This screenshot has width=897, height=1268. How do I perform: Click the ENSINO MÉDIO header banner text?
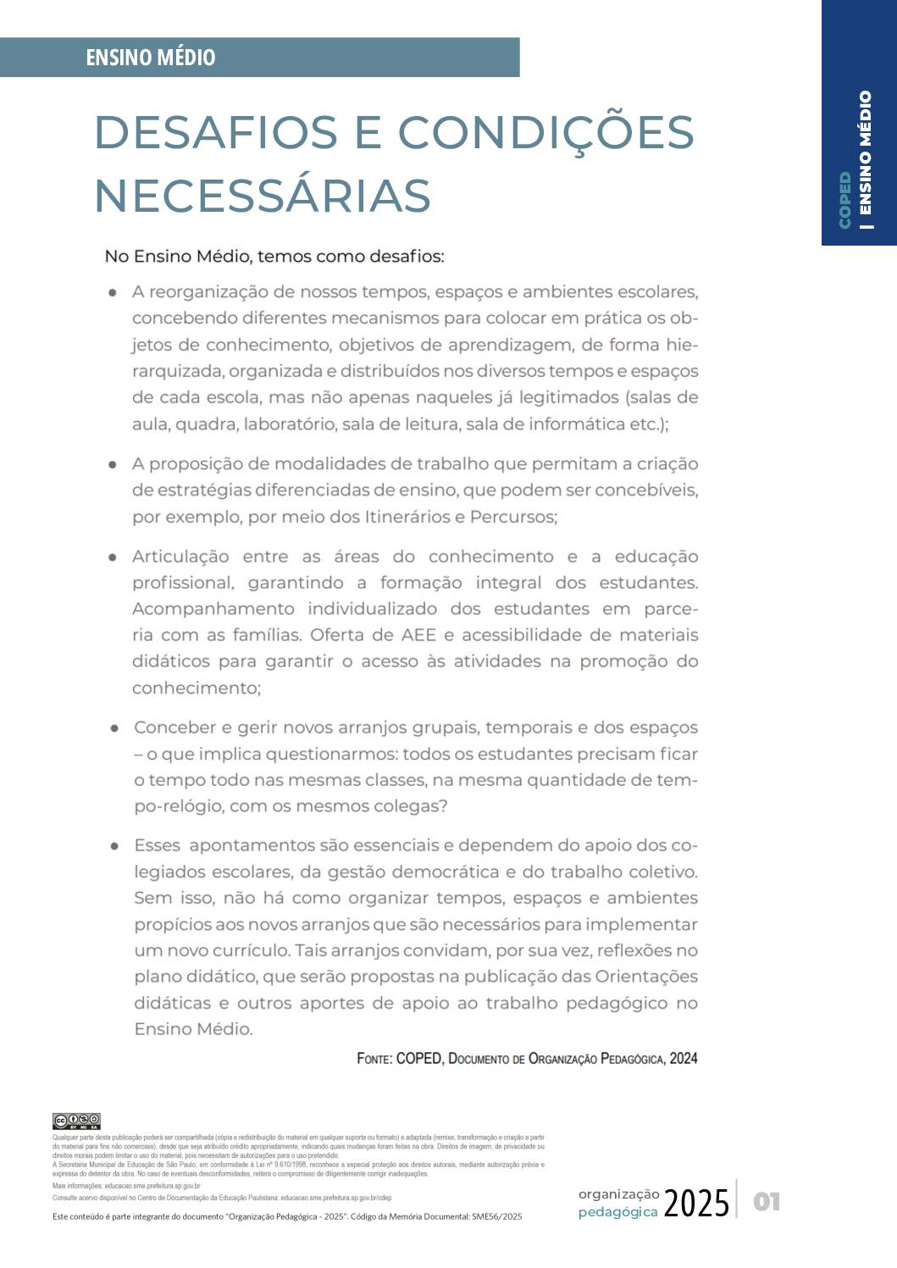(151, 58)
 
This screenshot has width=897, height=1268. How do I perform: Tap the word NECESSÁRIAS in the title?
(263, 196)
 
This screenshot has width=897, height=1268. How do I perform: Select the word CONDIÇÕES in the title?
(545, 132)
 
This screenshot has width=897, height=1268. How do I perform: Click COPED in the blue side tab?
(844, 200)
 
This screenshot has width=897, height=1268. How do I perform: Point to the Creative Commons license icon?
(76, 1121)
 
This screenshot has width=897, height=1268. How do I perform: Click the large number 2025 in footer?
(696, 1203)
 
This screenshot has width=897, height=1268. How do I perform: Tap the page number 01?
(767, 1201)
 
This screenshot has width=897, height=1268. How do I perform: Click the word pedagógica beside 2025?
(618, 1212)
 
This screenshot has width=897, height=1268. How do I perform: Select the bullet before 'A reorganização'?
(113, 292)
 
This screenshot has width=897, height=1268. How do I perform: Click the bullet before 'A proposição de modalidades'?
(113, 464)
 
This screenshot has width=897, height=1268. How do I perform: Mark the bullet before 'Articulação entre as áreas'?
(113, 557)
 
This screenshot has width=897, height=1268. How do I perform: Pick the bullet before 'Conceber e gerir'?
(114, 728)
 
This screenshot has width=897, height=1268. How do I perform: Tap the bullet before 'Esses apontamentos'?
(114, 845)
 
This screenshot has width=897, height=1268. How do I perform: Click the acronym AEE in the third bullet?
(419, 635)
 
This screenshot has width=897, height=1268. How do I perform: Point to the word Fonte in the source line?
(374, 1059)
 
